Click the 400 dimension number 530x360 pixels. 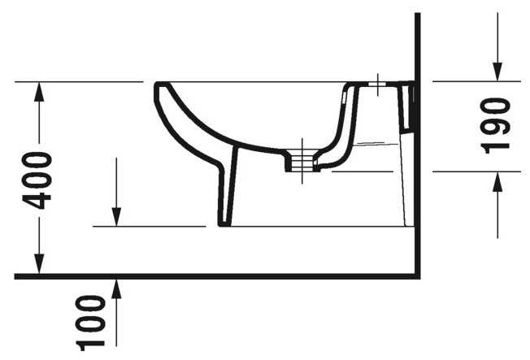[38, 179]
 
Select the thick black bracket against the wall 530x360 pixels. [413, 106]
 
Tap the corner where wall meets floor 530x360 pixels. [417, 276]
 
